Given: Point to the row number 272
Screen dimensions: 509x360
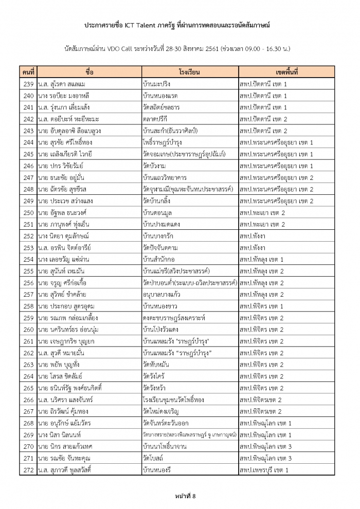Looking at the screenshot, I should coord(29,470).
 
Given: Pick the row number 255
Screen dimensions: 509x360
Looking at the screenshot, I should coord(29,271).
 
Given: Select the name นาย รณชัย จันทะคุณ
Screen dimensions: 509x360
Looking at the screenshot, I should coord(64,458).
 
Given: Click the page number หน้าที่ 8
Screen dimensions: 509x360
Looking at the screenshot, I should coord(179,495).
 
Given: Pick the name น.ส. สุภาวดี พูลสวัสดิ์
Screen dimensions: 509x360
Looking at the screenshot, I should coord(67,470).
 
